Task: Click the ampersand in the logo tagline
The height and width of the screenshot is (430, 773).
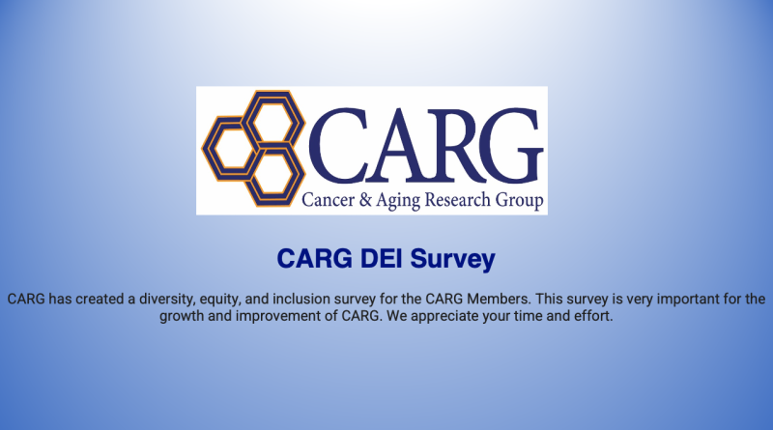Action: (365, 200)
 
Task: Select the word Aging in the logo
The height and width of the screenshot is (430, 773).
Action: (398, 202)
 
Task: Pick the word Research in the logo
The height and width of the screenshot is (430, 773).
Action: (457, 200)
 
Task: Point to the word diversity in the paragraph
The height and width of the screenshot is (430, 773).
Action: (166, 300)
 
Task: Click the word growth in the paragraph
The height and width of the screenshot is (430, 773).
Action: (182, 316)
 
